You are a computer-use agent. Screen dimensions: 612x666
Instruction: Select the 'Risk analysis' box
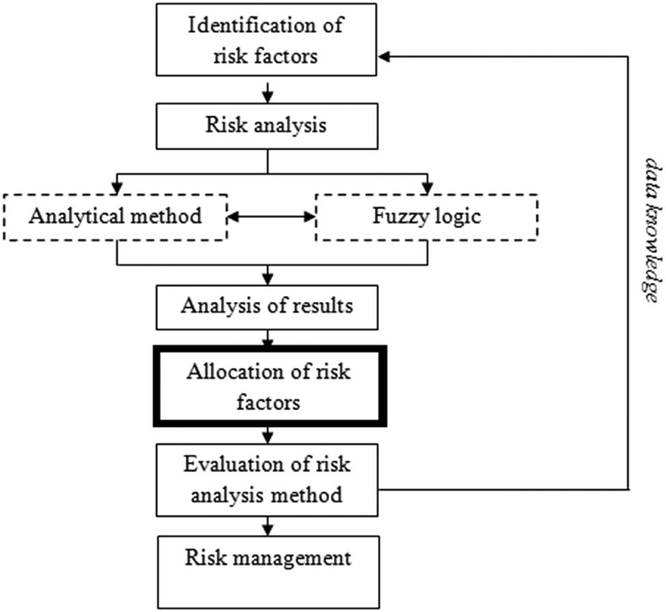pyautogui.click(x=267, y=126)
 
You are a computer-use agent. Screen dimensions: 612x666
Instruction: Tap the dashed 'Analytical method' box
pyautogui.click(x=115, y=217)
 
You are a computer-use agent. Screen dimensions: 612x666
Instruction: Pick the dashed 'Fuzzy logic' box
pyautogui.click(x=426, y=217)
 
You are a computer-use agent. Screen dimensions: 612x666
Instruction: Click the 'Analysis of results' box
pyautogui.click(x=267, y=305)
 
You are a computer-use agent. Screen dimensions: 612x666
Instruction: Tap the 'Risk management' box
pyautogui.click(x=267, y=572)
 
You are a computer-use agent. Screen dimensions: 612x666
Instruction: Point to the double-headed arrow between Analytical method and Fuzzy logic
pyautogui.click(x=270, y=217)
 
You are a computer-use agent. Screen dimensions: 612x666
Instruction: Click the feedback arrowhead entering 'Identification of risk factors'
pyautogui.click(x=385, y=57)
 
